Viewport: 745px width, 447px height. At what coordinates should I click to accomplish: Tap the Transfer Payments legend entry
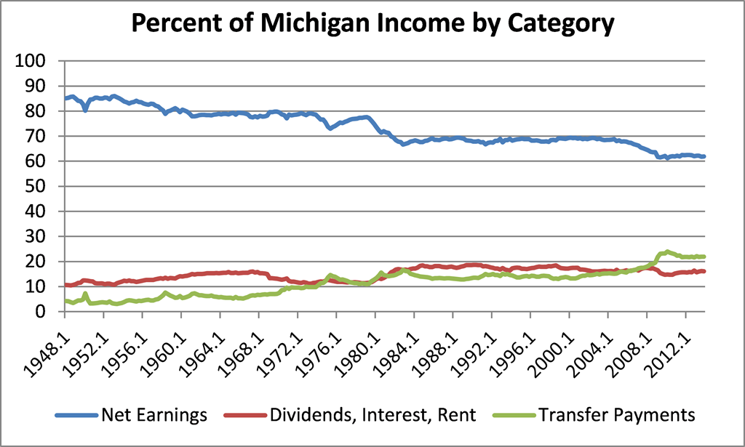(617, 415)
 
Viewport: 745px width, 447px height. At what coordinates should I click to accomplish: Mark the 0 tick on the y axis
(49, 312)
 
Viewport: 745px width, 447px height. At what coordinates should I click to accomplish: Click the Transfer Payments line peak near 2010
(666, 251)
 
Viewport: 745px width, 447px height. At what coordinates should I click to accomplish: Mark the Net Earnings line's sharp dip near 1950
(86, 110)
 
